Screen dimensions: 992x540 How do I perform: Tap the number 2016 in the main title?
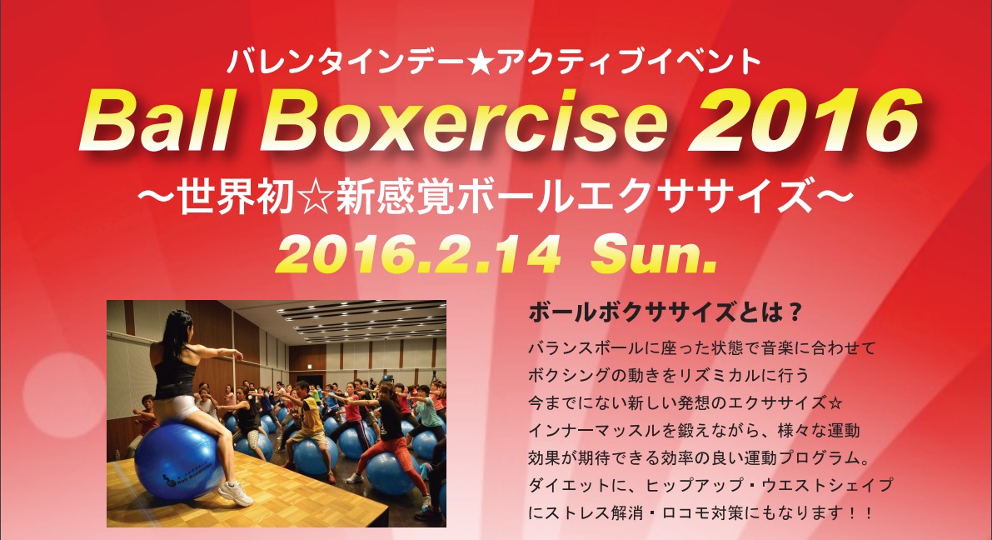point(804,121)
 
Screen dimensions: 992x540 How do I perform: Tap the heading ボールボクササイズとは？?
point(665,312)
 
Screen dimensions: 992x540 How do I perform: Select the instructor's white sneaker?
point(235,493)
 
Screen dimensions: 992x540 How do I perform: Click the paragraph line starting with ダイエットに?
point(710,485)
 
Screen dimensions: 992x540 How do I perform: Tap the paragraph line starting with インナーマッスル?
point(694,431)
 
